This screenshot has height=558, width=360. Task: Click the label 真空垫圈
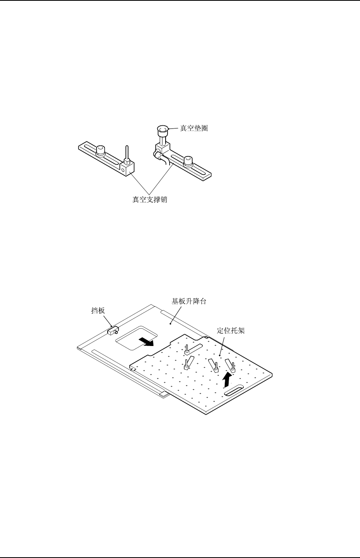coord(194,128)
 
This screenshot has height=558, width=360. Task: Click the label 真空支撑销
coord(150,200)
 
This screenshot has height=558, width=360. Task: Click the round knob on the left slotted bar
coord(101,150)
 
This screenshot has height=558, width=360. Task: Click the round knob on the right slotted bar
coord(188,160)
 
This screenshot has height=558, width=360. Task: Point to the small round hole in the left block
coord(124,170)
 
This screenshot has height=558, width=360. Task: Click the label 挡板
coord(98,311)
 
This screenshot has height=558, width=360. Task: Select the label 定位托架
coord(231,330)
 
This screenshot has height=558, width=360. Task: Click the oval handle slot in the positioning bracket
coord(234,391)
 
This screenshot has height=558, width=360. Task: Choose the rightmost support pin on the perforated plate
coord(233,368)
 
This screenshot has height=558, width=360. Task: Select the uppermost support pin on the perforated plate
coord(188,349)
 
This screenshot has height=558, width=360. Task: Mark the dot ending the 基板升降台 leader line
coord(170,324)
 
